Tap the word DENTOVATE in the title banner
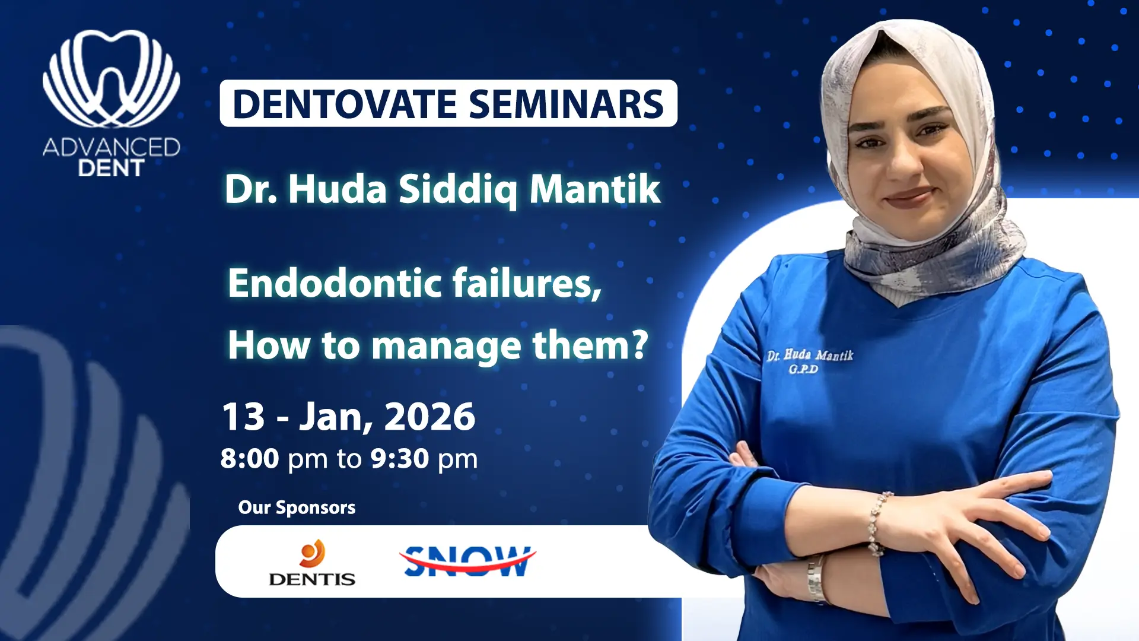345,104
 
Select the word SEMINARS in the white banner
566,104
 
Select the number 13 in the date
243,417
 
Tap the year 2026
429,417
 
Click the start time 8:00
250,459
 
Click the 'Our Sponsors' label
297,507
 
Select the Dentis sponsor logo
312,563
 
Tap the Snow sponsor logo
467,561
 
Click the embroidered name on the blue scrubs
810,356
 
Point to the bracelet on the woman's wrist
876,523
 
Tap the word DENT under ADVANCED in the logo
111,168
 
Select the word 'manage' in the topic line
446,346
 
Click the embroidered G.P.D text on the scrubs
803,369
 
